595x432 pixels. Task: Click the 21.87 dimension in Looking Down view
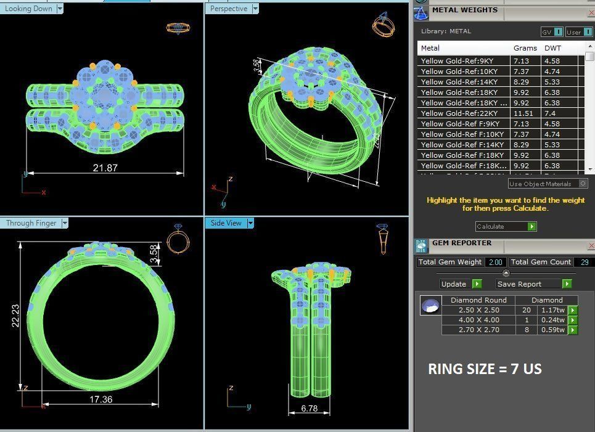point(105,168)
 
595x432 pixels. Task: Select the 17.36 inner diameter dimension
point(101,399)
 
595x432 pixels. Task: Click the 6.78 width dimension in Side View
point(309,408)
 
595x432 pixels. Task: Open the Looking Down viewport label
point(28,9)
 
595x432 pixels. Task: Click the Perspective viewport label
point(228,9)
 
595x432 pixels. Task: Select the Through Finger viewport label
point(31,223)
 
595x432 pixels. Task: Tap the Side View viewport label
point(226,223)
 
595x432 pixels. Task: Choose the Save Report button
point(519,284)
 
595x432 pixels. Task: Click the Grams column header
point(525,48)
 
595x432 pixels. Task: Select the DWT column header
point(552,48)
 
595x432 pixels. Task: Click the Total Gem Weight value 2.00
point(495,262)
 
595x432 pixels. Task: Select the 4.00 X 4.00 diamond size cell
point(478,320)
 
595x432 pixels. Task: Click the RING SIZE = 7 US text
point(485,369)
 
